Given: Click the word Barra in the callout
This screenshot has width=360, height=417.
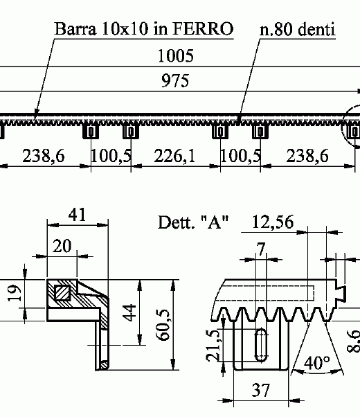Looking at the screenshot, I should pos(74,29).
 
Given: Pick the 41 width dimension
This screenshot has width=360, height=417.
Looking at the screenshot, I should pos(78,215).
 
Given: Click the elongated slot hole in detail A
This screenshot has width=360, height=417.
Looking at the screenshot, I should pos(261,345).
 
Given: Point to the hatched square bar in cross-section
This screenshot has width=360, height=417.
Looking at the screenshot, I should pos(63,292).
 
